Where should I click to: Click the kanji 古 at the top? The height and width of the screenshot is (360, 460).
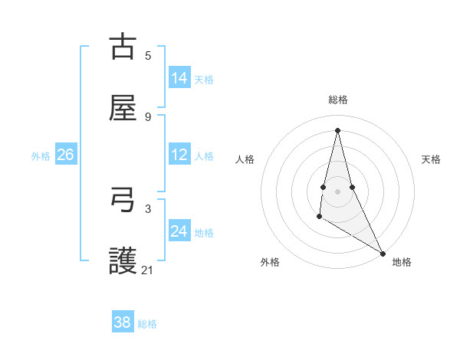click(123, 47)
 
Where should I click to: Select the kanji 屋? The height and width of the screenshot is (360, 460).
click(123, 109)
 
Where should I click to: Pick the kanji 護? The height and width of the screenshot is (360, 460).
click(123, 262)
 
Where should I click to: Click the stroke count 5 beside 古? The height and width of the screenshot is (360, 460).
click(148, 55)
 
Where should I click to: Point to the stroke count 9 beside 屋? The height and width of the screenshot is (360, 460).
click(148, 116)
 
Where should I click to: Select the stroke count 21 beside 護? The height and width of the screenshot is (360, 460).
click(148, 270)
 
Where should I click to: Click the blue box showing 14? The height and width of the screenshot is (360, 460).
click(179, 78)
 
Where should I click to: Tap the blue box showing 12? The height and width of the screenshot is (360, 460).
click(179, 155)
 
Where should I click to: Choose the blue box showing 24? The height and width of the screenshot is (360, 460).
click(179, 231)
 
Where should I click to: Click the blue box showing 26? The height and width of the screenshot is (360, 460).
click(65, 155)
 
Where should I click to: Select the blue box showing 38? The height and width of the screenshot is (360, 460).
click(123, 322)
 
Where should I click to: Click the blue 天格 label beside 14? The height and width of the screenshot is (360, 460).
click(204, 79)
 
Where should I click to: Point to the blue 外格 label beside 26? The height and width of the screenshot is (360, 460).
click(41, 155)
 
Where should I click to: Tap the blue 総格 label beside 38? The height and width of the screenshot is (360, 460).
click(147, 323)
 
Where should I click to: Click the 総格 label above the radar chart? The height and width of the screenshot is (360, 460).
click(338, 100)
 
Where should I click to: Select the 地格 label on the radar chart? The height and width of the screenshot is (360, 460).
click(402, 262)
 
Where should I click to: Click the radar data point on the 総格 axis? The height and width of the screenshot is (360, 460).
click(337, 129)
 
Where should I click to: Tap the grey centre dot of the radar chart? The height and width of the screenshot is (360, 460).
click(337, 191)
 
